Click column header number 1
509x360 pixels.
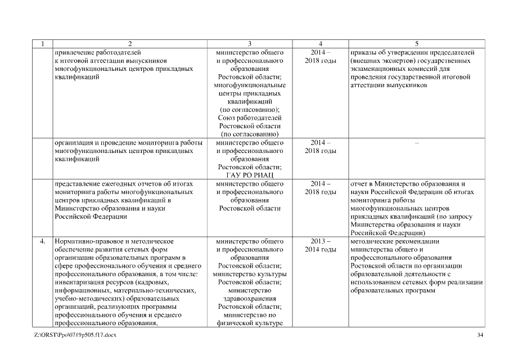coord(42,44)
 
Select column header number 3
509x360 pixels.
coord(249,44)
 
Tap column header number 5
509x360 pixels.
coord(416,44)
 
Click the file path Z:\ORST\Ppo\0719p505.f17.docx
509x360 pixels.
coord(75,335)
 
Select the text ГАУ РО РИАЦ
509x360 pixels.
coord(249,175)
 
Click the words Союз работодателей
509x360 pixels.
coord(249,118)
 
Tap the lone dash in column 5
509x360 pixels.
coord(416,143)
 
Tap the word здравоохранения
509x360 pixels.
coord(249,299)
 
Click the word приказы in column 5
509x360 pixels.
coord(363,52)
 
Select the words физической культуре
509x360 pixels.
coord(249,323)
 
